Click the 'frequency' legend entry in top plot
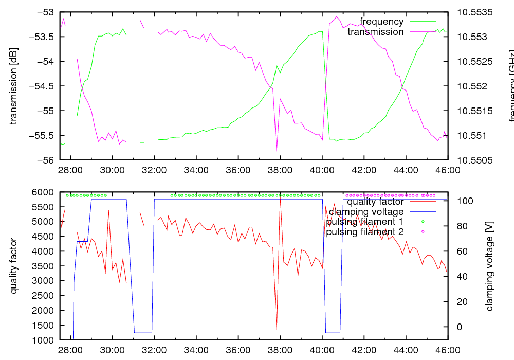381,22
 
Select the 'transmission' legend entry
376,32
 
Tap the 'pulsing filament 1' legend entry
363,222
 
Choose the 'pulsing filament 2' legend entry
363,232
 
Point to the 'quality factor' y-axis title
14,266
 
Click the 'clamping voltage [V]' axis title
489,266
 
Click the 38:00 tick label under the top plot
280,169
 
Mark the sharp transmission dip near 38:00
277,151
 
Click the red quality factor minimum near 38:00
277,329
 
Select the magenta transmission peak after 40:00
337,17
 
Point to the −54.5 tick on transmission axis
43,86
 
